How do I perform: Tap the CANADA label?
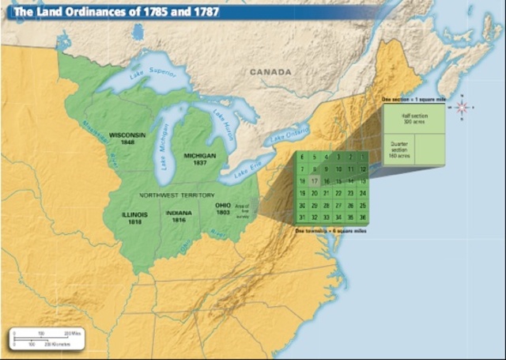click(271, 72)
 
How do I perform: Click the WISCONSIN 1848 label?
click(127, 138)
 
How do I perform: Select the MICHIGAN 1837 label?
click(199, 159)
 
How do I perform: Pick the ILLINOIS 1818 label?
click(134, 218)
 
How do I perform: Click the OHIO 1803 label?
click(223, 208)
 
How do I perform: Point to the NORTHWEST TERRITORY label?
click(176, 195)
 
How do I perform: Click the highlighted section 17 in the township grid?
click(315, 181)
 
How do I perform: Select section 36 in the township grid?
click(362, 217)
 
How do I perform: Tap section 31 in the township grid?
click(303, 217)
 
